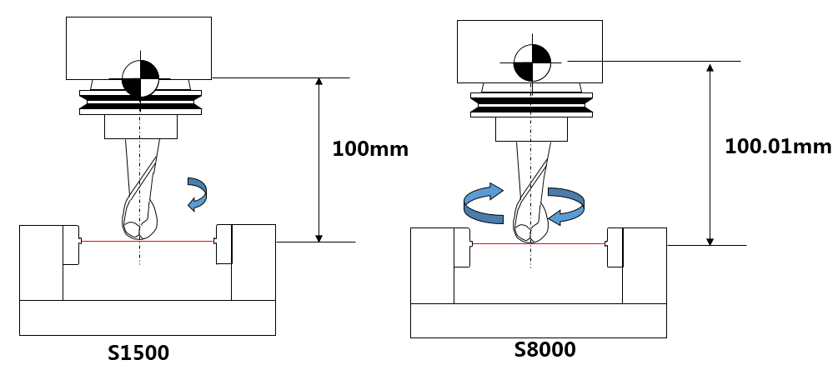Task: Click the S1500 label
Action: point(138,352)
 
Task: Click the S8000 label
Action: point(545,349)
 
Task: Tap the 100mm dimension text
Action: point(370,149)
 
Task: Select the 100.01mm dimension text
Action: point(778,147)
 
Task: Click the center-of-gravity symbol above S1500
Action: point(141,78)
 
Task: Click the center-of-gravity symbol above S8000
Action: point(532,62)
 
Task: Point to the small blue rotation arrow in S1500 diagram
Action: point(198,194)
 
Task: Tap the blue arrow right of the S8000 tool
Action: point(566,206)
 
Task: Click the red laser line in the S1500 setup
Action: point(147,241)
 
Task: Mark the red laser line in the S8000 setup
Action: point(538,243)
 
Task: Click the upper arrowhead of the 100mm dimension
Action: point(319,82)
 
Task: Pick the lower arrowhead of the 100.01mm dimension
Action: point(710,241)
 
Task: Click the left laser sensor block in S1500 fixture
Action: point(71,244)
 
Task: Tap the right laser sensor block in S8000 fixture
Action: point(615,247)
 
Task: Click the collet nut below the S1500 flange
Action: point(141,127)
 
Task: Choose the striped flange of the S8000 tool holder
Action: point(532,105)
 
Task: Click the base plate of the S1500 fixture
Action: point(148,318)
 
